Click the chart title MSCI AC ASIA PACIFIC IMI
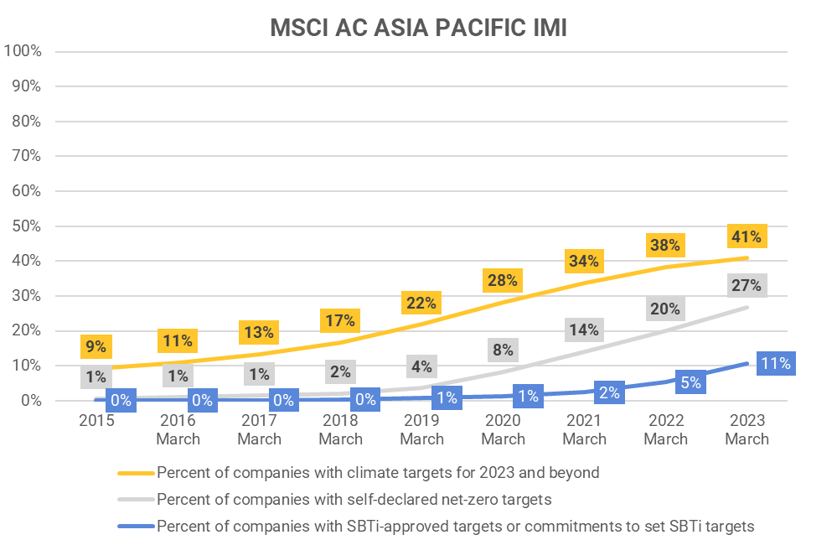pos(418,28)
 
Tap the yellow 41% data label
pos(745,236)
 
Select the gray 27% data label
pos(745,286)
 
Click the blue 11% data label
pos(775,364)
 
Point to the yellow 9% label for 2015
pos(96,345)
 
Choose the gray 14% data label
pos(584,330)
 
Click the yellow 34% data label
pos(583,261)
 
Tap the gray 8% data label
pos(503,350)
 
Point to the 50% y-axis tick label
pos(26,226)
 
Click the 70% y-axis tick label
pos(26,156)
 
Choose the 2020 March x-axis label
pos(503,428)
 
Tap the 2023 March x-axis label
pos(747,428)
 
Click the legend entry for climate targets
pos(378,472)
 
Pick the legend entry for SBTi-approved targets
pos(456,526)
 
